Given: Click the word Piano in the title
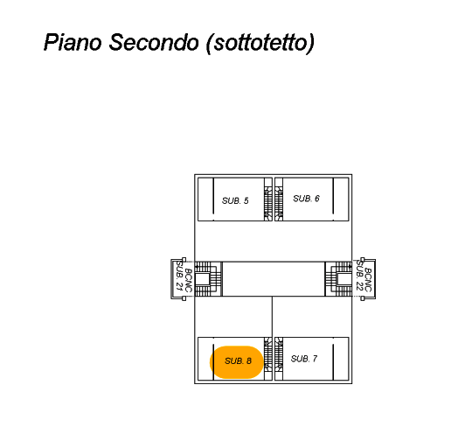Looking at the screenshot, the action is coord(73,42).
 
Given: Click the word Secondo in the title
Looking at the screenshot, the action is coord(154,42).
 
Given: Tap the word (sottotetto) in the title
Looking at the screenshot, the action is coord(260,43).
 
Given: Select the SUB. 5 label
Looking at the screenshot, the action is coord(235,200).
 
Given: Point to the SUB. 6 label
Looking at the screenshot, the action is coord(306,199).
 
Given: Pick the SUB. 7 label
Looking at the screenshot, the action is coord(304,359).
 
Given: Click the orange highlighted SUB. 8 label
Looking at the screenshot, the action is coord(237,362).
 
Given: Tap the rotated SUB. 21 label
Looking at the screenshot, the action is coord(179,276).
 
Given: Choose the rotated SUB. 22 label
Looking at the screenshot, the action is coord(359,276).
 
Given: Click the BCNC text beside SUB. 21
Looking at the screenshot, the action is coord(188,280).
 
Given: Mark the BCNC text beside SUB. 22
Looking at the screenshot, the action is coord(368,280).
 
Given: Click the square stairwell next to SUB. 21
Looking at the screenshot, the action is coord(208,279).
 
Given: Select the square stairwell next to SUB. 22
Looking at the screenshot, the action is coord(338,279).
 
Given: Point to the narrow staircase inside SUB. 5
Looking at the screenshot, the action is coord(268,199).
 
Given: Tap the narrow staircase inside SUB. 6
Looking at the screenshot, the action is coord(279,199).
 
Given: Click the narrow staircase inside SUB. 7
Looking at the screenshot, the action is coord(279,359).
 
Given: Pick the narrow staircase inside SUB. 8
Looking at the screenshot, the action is coord(268,359).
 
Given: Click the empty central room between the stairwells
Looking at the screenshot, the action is coord(274,279).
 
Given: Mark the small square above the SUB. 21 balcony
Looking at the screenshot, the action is coord(184,260).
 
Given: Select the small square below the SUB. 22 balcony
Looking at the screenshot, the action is coord(363,298).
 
